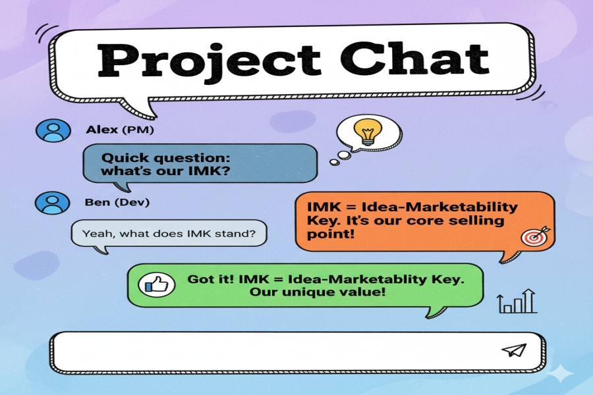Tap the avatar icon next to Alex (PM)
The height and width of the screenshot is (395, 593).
(53, 130)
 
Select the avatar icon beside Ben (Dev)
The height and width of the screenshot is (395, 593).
(53, 203)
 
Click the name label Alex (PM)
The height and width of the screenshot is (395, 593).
(120, 130)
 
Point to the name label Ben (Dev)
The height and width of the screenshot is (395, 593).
(117, 202)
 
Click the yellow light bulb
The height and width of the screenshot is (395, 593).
(367, 132)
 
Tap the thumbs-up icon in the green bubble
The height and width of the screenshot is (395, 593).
(157, 284)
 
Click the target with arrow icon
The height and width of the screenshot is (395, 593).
(535, 236)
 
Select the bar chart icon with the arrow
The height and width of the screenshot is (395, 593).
(517, 302)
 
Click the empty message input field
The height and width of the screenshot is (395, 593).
(298, 352)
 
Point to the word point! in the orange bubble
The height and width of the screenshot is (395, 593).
(331, 234)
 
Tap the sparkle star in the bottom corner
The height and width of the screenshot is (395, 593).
(561, 373)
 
